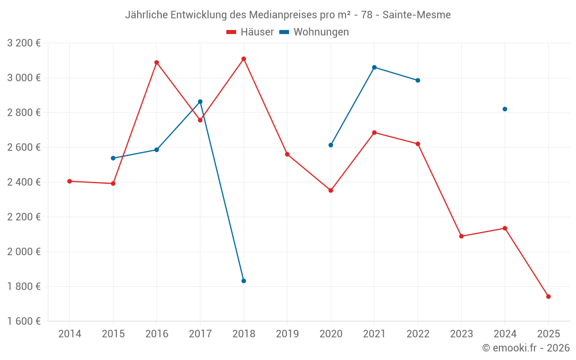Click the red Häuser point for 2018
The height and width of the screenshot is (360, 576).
coord(244,59)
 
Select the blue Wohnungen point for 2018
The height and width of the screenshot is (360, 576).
coord(244,281)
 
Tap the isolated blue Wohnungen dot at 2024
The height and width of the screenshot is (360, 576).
coord(505,109)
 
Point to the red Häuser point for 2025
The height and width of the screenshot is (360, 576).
coord(548,297)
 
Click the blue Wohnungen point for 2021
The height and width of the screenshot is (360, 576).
coord(374,67)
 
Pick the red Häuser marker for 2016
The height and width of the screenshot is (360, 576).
coord(157,62)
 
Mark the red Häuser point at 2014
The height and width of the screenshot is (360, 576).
coord(70,181)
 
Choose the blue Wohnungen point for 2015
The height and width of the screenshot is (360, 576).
coord(113,158)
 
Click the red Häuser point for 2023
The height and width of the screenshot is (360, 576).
coord(461,236)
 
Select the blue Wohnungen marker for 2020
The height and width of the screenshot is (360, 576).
coord(331,145)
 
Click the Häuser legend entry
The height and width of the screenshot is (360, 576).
coord(250,32)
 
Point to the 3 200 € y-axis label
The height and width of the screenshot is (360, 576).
coord(24,43)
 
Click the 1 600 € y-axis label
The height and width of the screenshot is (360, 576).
coord(24,321)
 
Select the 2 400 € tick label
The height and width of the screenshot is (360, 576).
coord(24,182)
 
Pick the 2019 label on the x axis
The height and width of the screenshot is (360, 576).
coord(287,334)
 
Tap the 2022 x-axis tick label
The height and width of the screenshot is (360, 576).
coord(418,334)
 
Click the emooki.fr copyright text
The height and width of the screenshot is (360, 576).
coord(526,348)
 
